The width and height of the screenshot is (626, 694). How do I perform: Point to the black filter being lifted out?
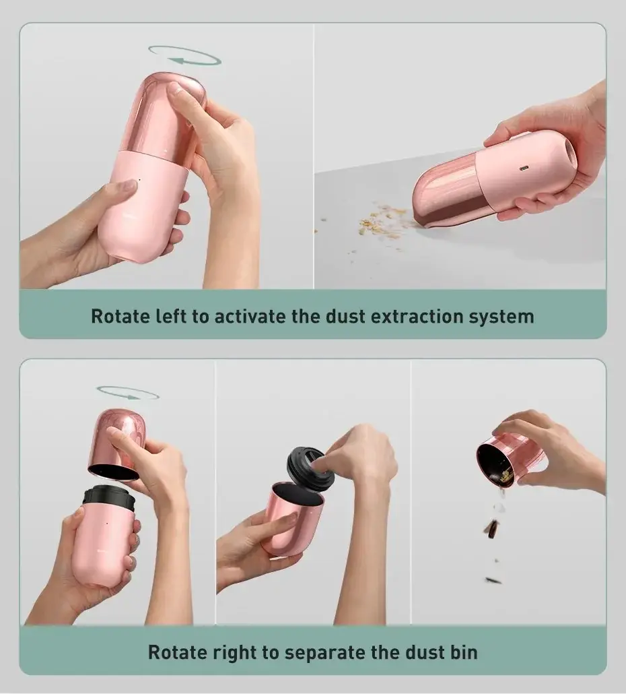click(310, 468)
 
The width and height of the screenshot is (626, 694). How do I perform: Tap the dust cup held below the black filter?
click(291, 520)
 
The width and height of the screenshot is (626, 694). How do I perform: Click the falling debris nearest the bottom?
click(493, 580)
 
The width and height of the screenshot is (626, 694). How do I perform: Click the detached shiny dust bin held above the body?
click(116, 444)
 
